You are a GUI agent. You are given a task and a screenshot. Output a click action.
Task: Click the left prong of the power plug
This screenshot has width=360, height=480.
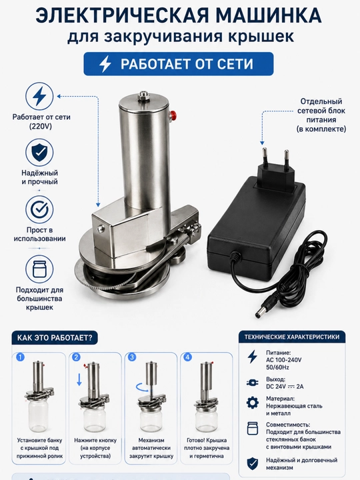tap(263, 157)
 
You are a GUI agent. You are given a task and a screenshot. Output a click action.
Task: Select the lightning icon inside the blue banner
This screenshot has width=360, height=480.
tap(105, 64)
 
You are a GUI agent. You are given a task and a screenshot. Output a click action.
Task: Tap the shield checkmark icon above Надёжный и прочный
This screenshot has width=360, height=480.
tap(39, 152)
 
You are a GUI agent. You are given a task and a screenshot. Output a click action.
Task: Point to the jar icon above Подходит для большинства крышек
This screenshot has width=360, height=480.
tap(39, 269)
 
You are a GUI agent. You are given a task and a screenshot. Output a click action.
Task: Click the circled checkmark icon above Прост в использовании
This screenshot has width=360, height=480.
tap(39, 210)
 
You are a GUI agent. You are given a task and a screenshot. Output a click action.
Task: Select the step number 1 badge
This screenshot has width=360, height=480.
tap(20, 357)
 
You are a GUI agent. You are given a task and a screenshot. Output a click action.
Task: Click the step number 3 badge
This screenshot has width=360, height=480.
tap(132, 357)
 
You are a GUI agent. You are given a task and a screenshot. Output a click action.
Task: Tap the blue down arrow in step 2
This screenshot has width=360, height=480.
tap(79, 379)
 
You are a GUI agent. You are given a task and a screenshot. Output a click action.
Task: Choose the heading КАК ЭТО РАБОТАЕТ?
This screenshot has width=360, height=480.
tap(55, 337)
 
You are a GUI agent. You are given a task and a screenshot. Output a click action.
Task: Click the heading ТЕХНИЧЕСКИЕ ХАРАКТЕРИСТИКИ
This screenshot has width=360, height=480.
tap(292, 337)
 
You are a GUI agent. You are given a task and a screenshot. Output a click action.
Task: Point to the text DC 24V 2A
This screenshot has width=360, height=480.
tap(285, 386)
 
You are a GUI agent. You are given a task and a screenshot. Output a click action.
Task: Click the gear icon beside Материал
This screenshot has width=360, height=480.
tap(252, 403)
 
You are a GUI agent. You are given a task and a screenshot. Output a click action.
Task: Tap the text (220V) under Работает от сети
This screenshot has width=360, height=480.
tap(41, 126)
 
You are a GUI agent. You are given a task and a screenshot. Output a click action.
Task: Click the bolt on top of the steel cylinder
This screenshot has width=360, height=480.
tap(143, 95)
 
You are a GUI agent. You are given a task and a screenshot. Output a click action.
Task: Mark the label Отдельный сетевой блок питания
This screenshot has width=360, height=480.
tap(321, 111)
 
